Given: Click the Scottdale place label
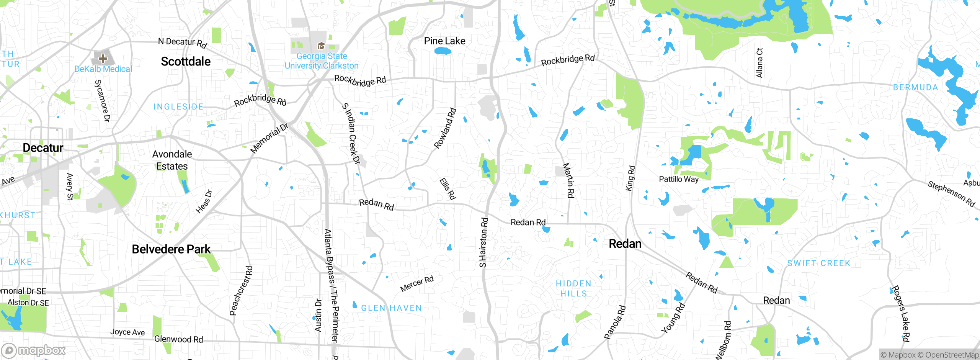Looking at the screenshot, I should coord(186,61).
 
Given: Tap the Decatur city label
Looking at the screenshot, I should coord(43,148).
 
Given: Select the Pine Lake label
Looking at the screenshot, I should coord(444,41).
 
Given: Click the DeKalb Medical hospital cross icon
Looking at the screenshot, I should coord(103,59).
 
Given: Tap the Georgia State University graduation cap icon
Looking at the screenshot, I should coord(321,46).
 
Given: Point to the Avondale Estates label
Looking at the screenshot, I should coord(172,160).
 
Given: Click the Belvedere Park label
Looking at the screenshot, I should coord(171,249).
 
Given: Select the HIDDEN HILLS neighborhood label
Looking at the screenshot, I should coord(573,288).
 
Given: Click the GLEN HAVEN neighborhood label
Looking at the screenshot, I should coord(391,308).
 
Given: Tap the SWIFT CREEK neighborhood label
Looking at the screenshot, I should coord(818,263).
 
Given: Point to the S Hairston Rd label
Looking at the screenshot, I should coord(483,242).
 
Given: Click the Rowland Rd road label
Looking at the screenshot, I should coord(445,128).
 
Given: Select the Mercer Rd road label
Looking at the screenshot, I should coord(417,283).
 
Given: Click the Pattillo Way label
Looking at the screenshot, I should coord(678,179).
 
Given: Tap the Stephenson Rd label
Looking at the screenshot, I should coord(951,193).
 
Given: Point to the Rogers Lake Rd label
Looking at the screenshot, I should coord(900,313).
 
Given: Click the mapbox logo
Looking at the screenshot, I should coord(34,350).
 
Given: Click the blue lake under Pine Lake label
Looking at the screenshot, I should coord(443,51).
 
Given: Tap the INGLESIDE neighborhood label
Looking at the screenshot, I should coord(178,106).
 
